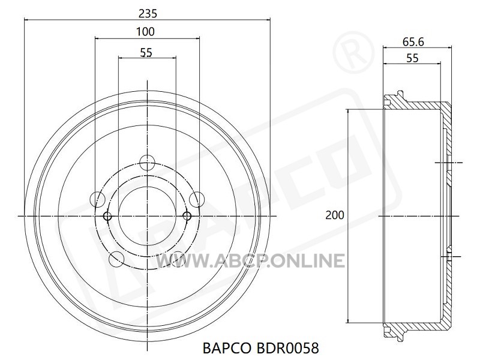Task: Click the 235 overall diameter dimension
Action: (x=148, y=13)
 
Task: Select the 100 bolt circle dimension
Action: (x=145, y=32)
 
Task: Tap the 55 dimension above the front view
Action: (x=146, y=53)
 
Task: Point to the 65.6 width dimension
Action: (x=413, y=42)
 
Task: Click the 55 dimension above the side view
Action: (x=412, y=58)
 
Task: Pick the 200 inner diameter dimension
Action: (x=335, y=215)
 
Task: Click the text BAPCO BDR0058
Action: (x=261, y=348)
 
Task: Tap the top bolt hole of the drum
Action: (x=147, y=163)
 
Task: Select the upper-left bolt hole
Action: (x=98, y=199)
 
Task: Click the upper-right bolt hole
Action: (x=197, y=199)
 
